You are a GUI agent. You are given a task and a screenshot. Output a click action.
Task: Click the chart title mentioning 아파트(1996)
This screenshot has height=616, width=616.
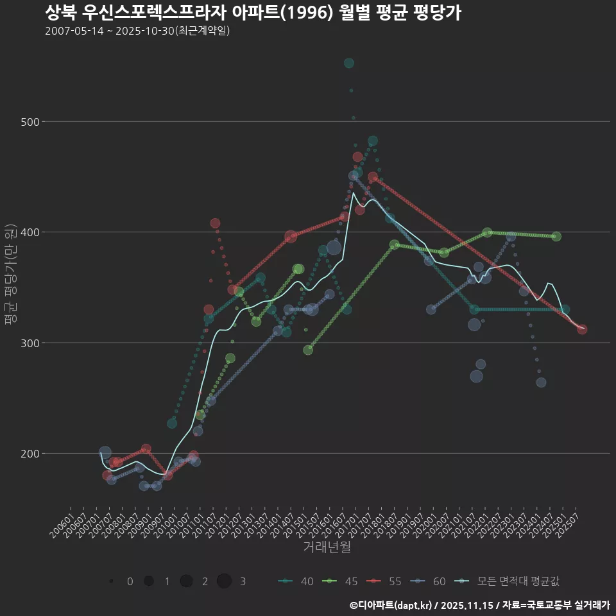coord(253,13)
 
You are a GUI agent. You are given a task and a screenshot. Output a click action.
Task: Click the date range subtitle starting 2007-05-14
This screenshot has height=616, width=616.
coord(137,31)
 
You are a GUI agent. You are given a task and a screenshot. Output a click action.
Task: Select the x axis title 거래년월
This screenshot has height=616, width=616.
coord(327,547)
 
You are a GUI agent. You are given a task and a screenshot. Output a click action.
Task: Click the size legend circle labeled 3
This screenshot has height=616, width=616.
coord(224,581)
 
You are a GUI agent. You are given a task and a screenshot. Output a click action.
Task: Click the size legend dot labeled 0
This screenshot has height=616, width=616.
coord(112,581)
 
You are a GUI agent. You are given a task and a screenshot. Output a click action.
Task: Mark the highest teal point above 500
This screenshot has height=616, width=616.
coord(349,63)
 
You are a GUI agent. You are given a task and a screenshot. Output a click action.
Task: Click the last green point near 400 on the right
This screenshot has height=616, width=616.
coord(556,237)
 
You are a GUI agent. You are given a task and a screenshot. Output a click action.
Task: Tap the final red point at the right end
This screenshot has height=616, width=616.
coord(582,329)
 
